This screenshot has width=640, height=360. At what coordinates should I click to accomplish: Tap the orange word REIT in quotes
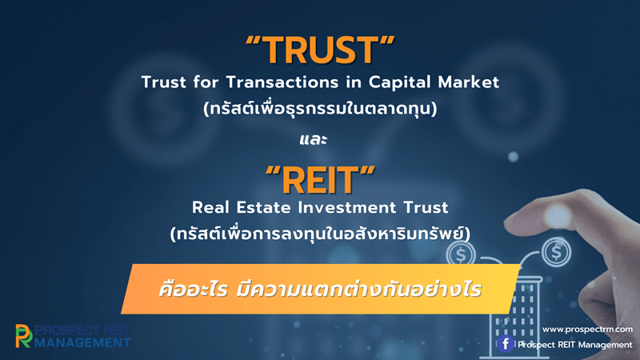pos(320,180)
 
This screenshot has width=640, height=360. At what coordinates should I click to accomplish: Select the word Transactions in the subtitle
pos(282,82)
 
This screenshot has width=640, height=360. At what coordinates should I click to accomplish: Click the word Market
pos(468,82)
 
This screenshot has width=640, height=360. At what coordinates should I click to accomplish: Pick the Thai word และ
pos(313,139)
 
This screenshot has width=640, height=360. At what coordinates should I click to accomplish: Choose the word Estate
pos(263,207)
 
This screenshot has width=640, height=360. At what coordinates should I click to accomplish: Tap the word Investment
pos(347,207)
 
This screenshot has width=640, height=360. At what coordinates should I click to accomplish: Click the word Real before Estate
pos(210,207)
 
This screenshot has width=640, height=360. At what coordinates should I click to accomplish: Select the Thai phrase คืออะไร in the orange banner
pos(193,290)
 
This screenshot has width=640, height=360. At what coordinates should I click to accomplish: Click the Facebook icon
pos(505,344)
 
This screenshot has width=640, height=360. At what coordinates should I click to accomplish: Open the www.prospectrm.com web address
pos(587,329)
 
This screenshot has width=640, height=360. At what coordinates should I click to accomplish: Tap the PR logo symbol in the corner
pos(24,336)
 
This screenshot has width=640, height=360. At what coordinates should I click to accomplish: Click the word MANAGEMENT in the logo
pos(82,342)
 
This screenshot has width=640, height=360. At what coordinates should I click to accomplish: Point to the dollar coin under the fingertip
pos(556,252)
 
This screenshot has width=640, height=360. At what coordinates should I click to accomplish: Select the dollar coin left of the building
pos(461,254)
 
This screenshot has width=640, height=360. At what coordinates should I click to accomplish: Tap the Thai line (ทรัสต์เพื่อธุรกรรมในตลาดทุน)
pos(320,109)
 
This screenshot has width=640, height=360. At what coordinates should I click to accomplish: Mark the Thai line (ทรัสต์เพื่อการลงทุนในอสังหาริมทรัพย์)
pos(320,234)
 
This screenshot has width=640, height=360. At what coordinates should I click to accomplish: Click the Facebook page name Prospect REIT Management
pos(574,345)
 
